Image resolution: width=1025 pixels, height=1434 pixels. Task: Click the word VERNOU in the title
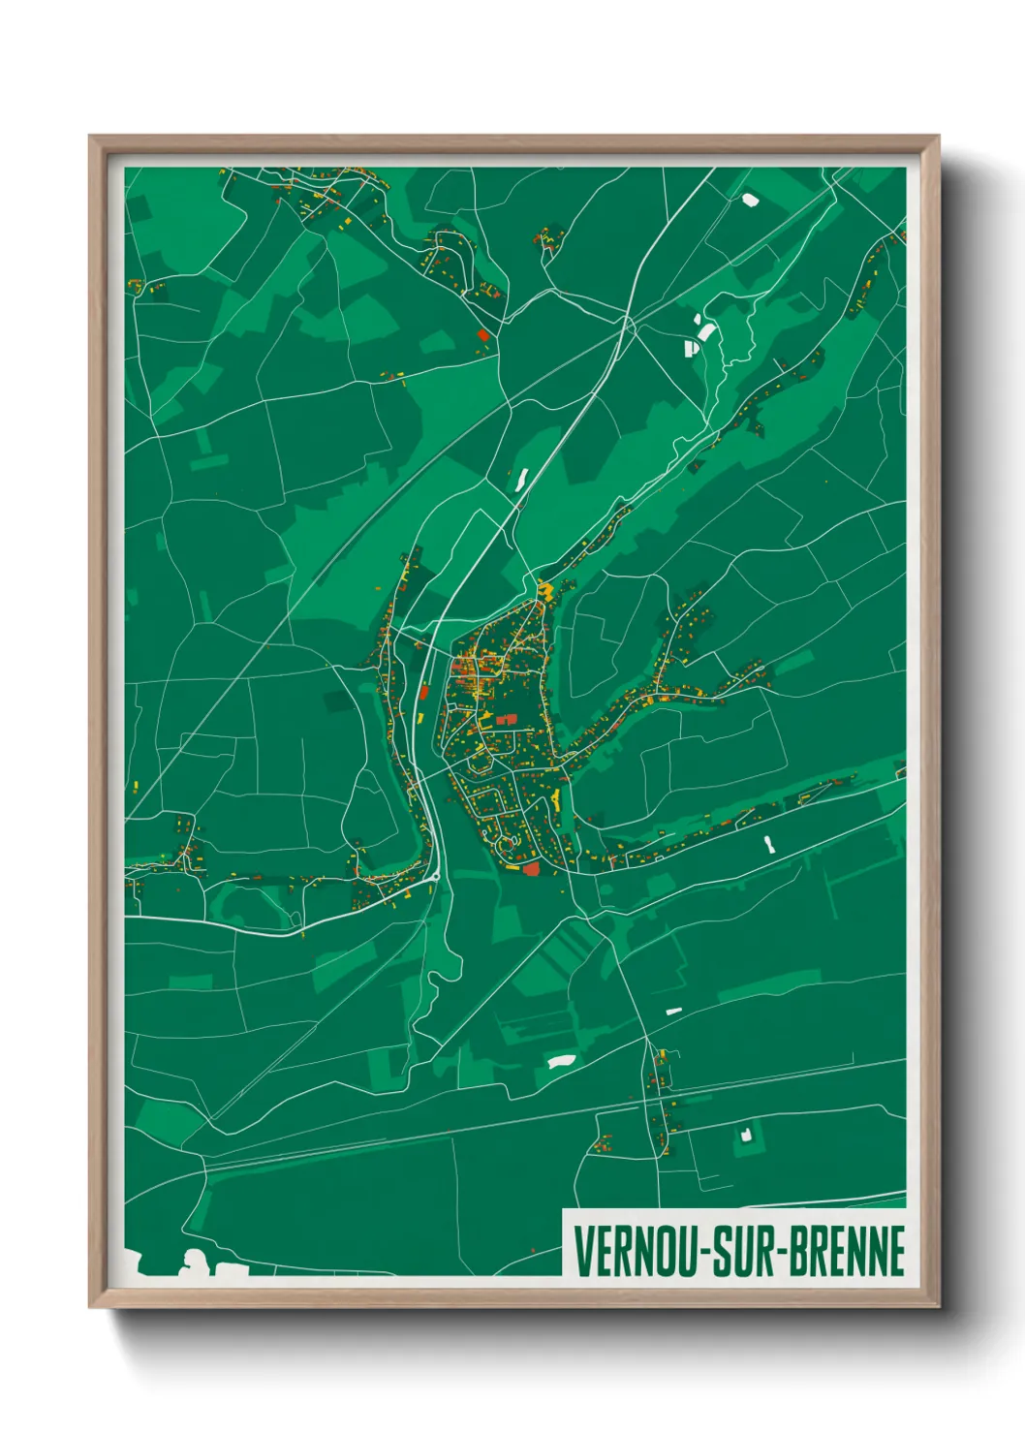(640, 1251)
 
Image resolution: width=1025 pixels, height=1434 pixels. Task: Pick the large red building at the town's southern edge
(531, 868)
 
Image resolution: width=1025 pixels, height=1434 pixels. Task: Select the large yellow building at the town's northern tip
(545, 589)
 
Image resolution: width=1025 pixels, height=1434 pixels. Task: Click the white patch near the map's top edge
(749, 200)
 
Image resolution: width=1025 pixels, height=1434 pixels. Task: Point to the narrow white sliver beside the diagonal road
(522, 479)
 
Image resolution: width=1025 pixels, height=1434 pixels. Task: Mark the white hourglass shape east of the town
(769, 844)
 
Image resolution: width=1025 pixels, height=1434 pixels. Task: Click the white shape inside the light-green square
(745, 1133)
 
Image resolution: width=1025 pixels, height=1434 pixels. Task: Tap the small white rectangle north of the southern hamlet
(673, 1011)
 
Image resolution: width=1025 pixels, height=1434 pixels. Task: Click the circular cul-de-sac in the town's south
(505, 845)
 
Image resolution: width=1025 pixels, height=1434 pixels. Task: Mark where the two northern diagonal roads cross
(629, 322)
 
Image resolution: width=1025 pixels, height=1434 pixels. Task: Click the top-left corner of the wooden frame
(90, 137)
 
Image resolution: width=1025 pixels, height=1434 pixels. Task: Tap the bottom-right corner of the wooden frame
(937, 1306)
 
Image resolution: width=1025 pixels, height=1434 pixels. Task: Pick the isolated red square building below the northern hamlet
(482, 334)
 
